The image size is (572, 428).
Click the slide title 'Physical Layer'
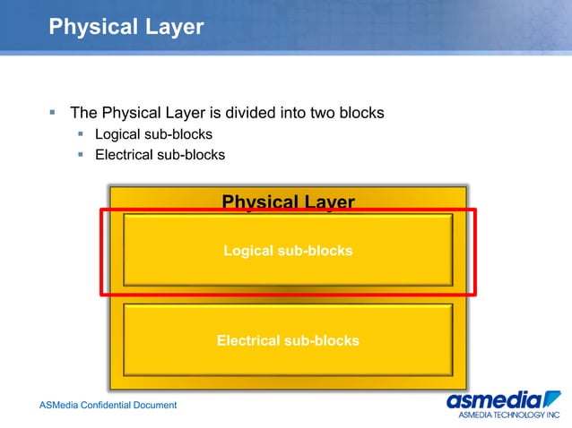coord(126,27)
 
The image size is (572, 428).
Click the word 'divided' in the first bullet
coord(251,113)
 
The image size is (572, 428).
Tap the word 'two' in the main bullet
coord(324,113)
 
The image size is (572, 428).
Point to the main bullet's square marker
coord(53,113)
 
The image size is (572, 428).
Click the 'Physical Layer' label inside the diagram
coord(288,201)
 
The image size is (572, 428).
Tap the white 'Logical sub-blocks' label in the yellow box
coord(288,251)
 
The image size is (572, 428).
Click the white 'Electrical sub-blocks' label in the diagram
coord(288,340)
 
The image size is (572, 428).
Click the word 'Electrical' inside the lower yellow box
coord(247,340)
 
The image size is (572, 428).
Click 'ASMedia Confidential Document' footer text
coord(108,406)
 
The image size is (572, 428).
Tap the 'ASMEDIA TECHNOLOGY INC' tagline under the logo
coord(507,415)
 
